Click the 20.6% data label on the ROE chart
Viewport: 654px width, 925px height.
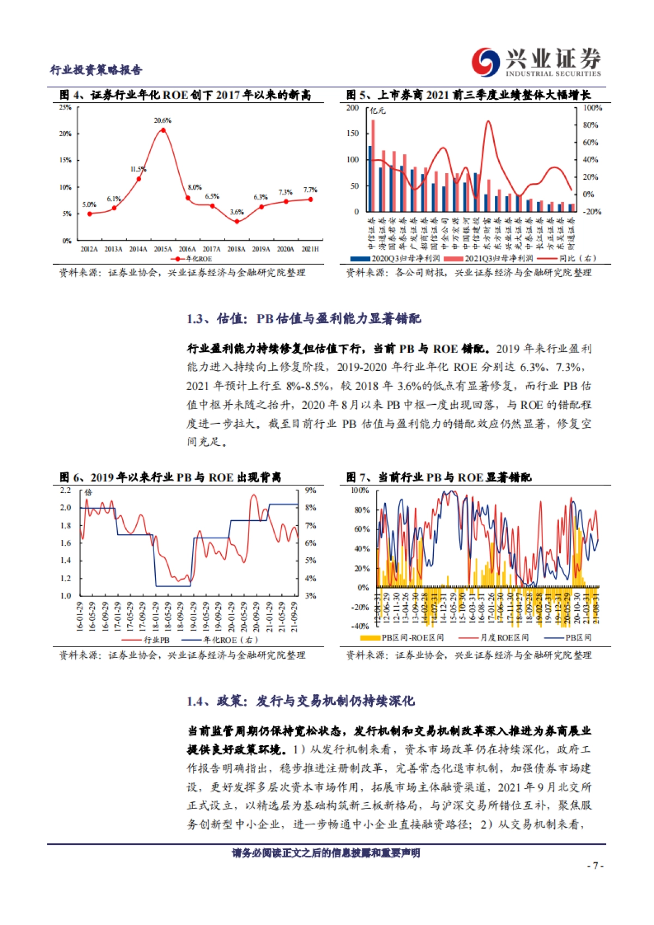tap(162, 120)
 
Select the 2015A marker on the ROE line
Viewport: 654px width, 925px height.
tap(163, 129)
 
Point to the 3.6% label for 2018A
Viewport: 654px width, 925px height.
tap(237, 212)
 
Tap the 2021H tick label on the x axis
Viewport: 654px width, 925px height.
tap(310, 249)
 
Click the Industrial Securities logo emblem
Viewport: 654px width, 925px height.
tap(486, 62)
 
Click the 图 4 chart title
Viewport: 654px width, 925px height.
tap(185, 95)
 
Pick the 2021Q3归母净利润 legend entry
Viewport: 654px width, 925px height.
tap(489, 258)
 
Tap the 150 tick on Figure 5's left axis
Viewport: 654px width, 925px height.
tap(353, 133)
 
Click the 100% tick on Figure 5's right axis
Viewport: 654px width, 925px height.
tap(592, 108)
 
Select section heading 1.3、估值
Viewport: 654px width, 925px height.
tap(304, 319)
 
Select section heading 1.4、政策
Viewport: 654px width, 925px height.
tap(300, 701)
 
